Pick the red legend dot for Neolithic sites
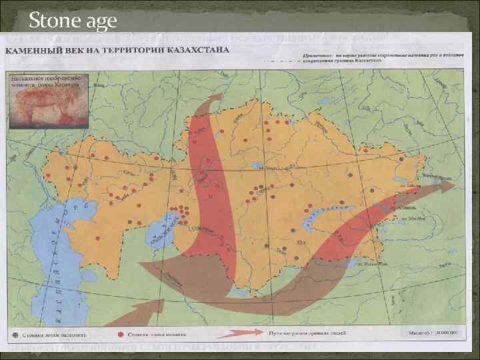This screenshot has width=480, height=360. [x=120, y=335]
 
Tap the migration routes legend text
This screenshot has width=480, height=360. [x=299, y=335]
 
